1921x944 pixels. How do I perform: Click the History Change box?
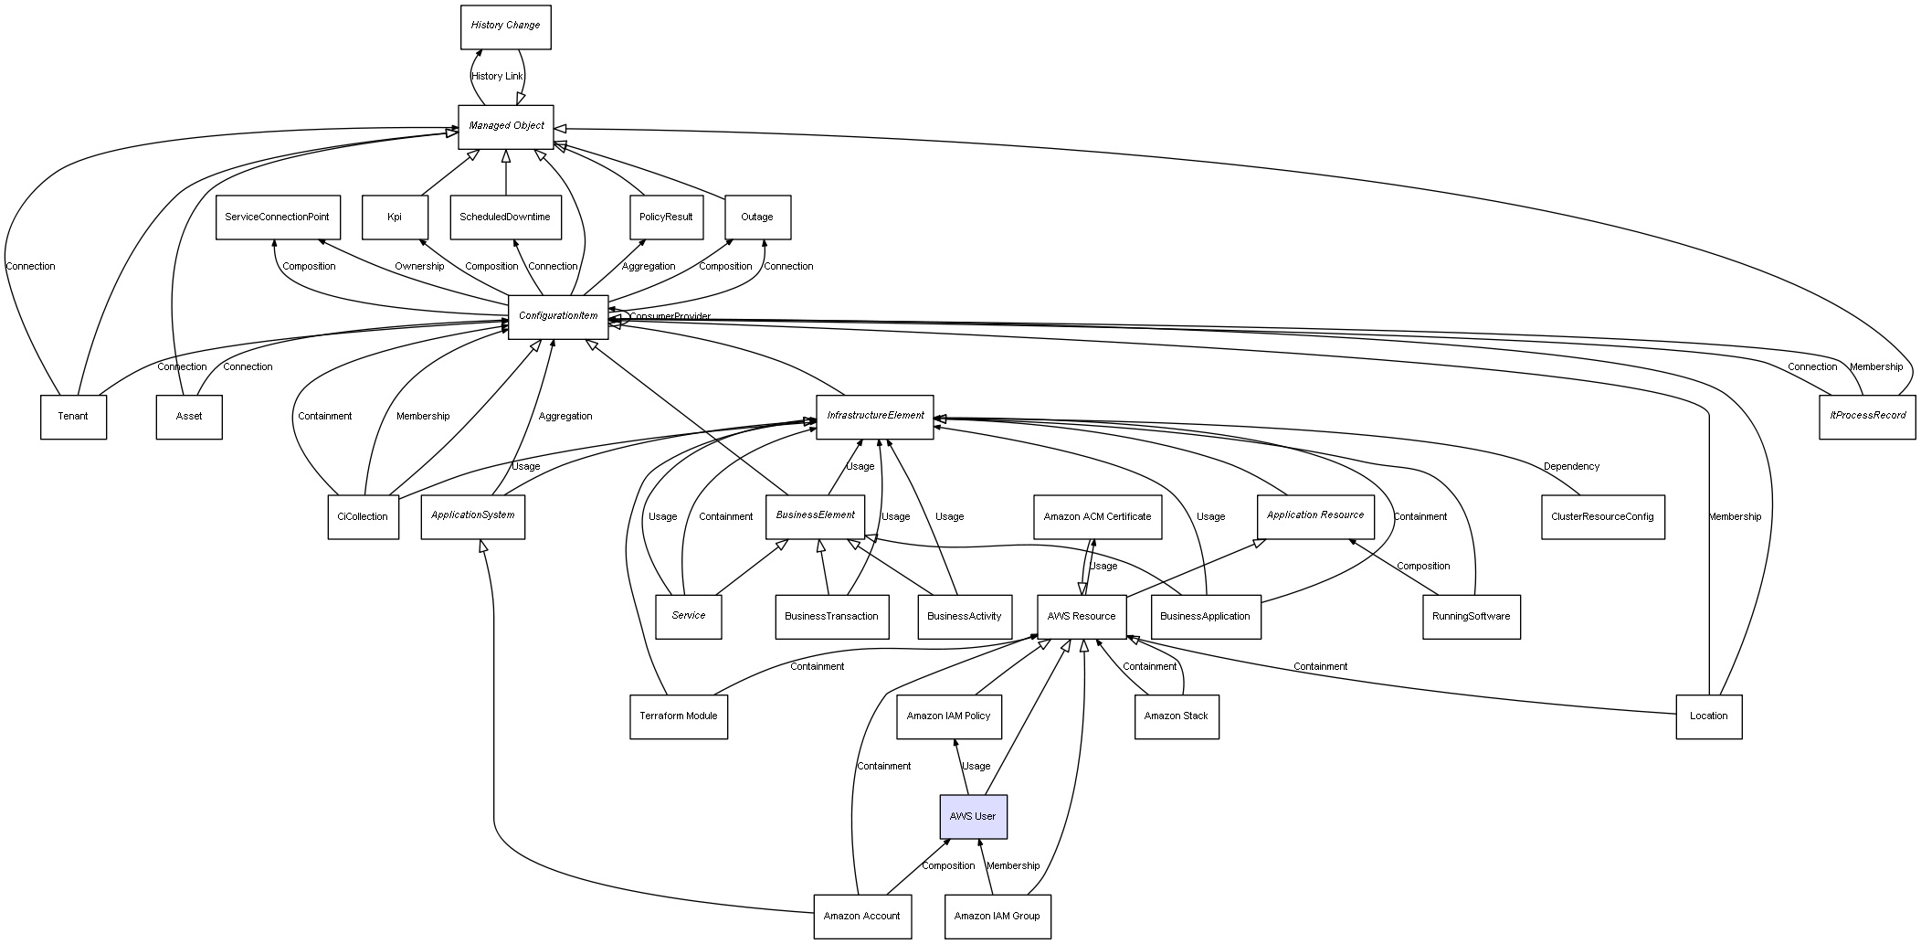[x=505, y=27]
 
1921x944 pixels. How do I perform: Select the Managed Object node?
[x=506, y=126]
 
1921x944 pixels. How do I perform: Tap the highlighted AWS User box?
[x=973, y=816]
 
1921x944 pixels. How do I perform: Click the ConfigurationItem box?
[x=558, y=316]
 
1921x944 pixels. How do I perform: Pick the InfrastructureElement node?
[x=874, y=417]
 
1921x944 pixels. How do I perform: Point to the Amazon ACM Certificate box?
[x=1097, y=517]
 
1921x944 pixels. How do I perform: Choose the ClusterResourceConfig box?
[x=1602, y=517]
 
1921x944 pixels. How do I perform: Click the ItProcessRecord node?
[x=1867, y=417]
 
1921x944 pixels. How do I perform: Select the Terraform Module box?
[x=678, y=716]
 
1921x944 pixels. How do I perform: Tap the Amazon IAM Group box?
[x=997, y=916]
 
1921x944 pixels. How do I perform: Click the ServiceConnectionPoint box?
[x=278, y=217]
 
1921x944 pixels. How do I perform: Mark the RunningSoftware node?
[x=1471, y=617]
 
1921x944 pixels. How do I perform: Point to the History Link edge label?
[x=497, y=77]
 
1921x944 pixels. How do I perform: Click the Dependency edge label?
[x=1571, y=467]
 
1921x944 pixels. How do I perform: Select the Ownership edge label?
[x=419, y=267]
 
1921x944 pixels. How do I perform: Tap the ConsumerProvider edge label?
[x=670, y=317]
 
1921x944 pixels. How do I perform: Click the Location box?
[x=1708, y=716]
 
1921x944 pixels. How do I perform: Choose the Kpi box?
[x=395, y=217]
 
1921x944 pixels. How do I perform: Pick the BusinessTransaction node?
[x=831, y=617]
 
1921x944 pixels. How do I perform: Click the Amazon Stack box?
[x=1176, y=716]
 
